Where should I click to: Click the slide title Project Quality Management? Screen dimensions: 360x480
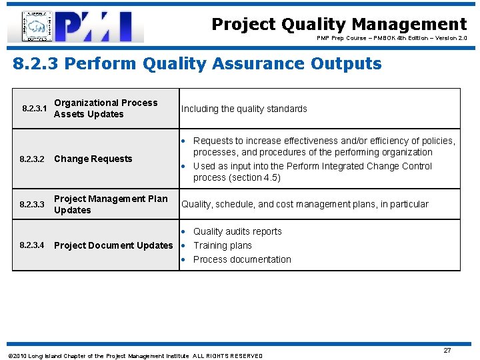[x=339, y=25]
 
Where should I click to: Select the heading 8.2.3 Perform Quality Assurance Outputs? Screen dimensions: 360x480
[x=197, y=64]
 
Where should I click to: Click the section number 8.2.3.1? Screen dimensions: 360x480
[x=33, y=108]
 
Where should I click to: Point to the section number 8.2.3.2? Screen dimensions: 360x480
[x=33, y=159]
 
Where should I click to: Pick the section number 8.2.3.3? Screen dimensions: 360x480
[x=33, y=204]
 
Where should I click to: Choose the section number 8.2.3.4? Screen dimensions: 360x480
[x=33, y=245]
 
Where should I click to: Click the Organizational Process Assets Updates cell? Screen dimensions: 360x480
[x=105, y=109]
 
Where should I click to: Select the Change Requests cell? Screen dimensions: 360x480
[x=93, y=159]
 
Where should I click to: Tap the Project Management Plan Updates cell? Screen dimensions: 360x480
[x=111, y=204]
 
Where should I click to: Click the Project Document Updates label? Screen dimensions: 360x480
[x=113, y=245]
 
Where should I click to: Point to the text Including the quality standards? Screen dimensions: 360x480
[x=244, y=109]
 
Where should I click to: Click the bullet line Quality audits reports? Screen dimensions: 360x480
[x=237, y=231]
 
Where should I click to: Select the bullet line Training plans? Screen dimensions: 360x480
[x=222, y=245]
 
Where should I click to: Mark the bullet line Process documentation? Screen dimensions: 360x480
[x=241, y=259]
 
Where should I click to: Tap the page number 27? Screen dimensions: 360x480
[x=447, y=350]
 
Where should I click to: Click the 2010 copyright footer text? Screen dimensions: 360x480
[x=135, y=356]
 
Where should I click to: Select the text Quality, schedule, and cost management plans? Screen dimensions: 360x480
[x=282, y=204]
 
